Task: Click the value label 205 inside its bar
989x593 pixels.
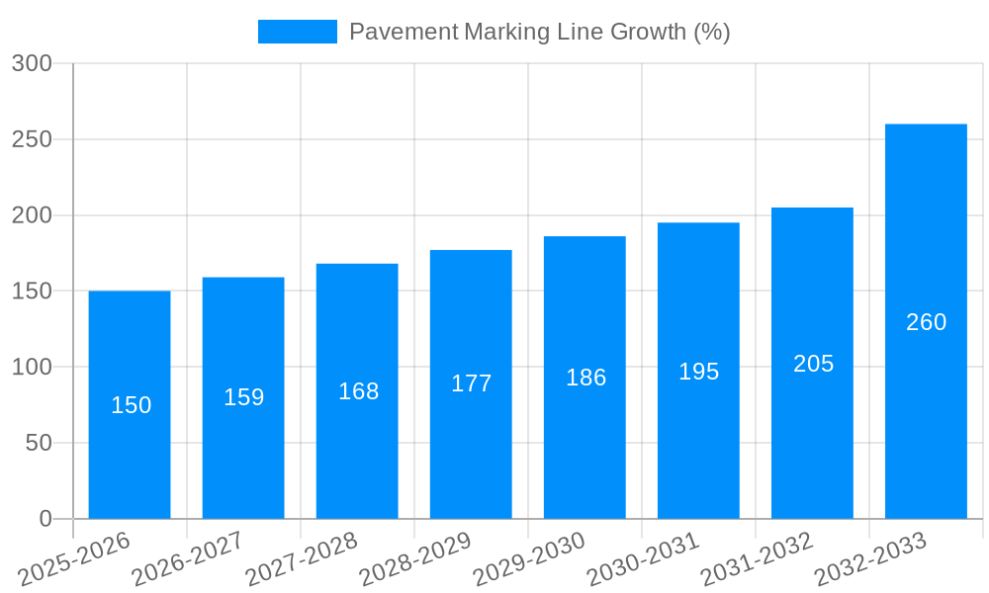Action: click(x=813, y=364)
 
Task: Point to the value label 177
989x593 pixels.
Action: click(x=471, y=383)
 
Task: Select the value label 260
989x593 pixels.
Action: click(x=926, y=322)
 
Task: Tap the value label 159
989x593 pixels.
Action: click(x=243, y=397)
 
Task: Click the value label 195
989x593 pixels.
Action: click(x=698, y=372)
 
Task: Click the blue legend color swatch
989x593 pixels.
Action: click(x=297, y=32)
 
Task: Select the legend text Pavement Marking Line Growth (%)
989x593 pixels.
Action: click(x=539, y=32)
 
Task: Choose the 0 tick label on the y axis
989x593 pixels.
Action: click(x=45, y=519)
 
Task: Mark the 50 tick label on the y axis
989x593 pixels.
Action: click(x=39, y=443)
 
